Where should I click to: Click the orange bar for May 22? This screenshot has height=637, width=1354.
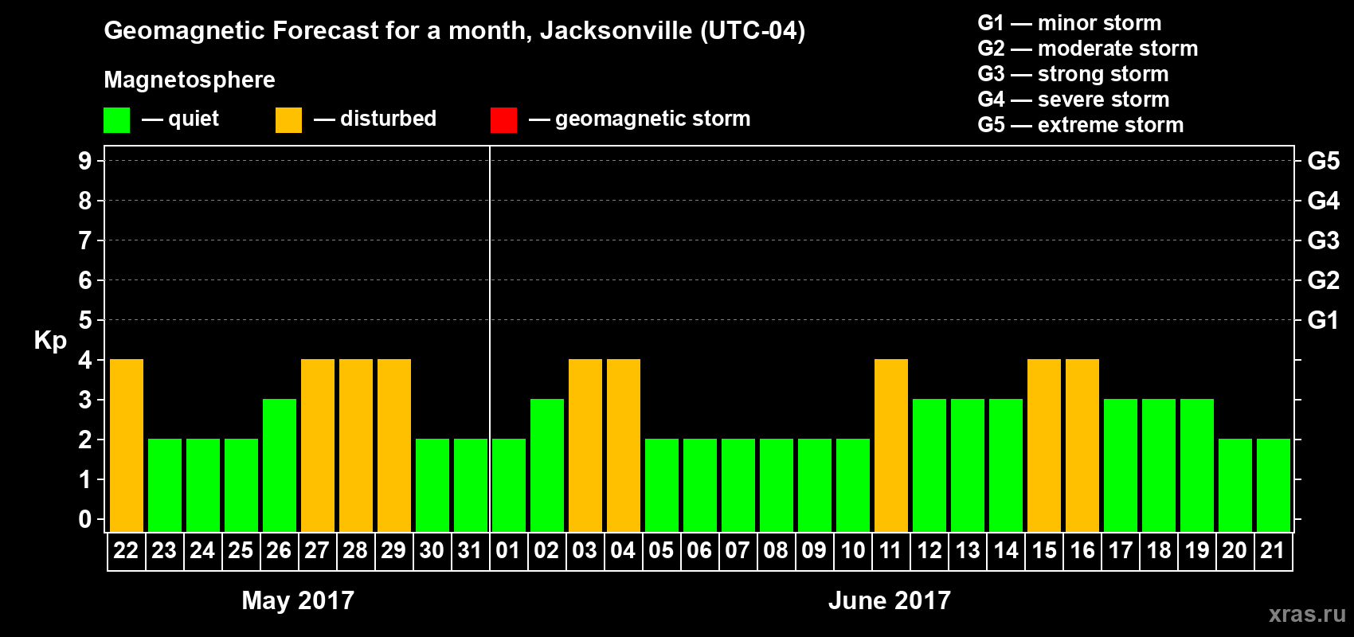coord(127,445)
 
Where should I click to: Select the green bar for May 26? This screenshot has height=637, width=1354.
coord(280,465)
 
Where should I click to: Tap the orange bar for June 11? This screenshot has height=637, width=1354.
coord(891,445)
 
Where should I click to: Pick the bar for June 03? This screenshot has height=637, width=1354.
coord(585,445)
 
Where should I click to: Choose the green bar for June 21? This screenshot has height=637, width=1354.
coord(1274,485)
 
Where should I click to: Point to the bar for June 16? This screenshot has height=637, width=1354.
coord(1082,445)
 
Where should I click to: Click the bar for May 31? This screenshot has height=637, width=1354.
coord(471,485)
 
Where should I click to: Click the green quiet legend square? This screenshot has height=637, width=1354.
coord(117,120)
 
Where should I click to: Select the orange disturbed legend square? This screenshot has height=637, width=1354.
coord(288,120)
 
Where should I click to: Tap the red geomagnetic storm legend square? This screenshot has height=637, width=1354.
coord(503,120)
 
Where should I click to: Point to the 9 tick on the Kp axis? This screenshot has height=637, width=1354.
coord(85,161)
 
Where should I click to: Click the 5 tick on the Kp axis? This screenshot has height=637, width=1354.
coord(85,320)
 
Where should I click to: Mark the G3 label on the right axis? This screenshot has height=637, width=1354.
coord(1323,240)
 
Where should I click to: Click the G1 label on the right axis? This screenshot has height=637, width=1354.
coord(1323,320)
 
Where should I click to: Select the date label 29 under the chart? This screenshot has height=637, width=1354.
coord(393,550)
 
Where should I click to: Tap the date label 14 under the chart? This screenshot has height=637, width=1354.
coord(1006,550)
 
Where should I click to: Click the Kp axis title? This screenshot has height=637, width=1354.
coord(50,341)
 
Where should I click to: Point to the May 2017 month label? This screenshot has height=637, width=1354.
coord(298,600)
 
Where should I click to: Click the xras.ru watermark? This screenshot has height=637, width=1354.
coord(1306,614)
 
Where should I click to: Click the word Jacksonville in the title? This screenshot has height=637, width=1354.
coord(616,31)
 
